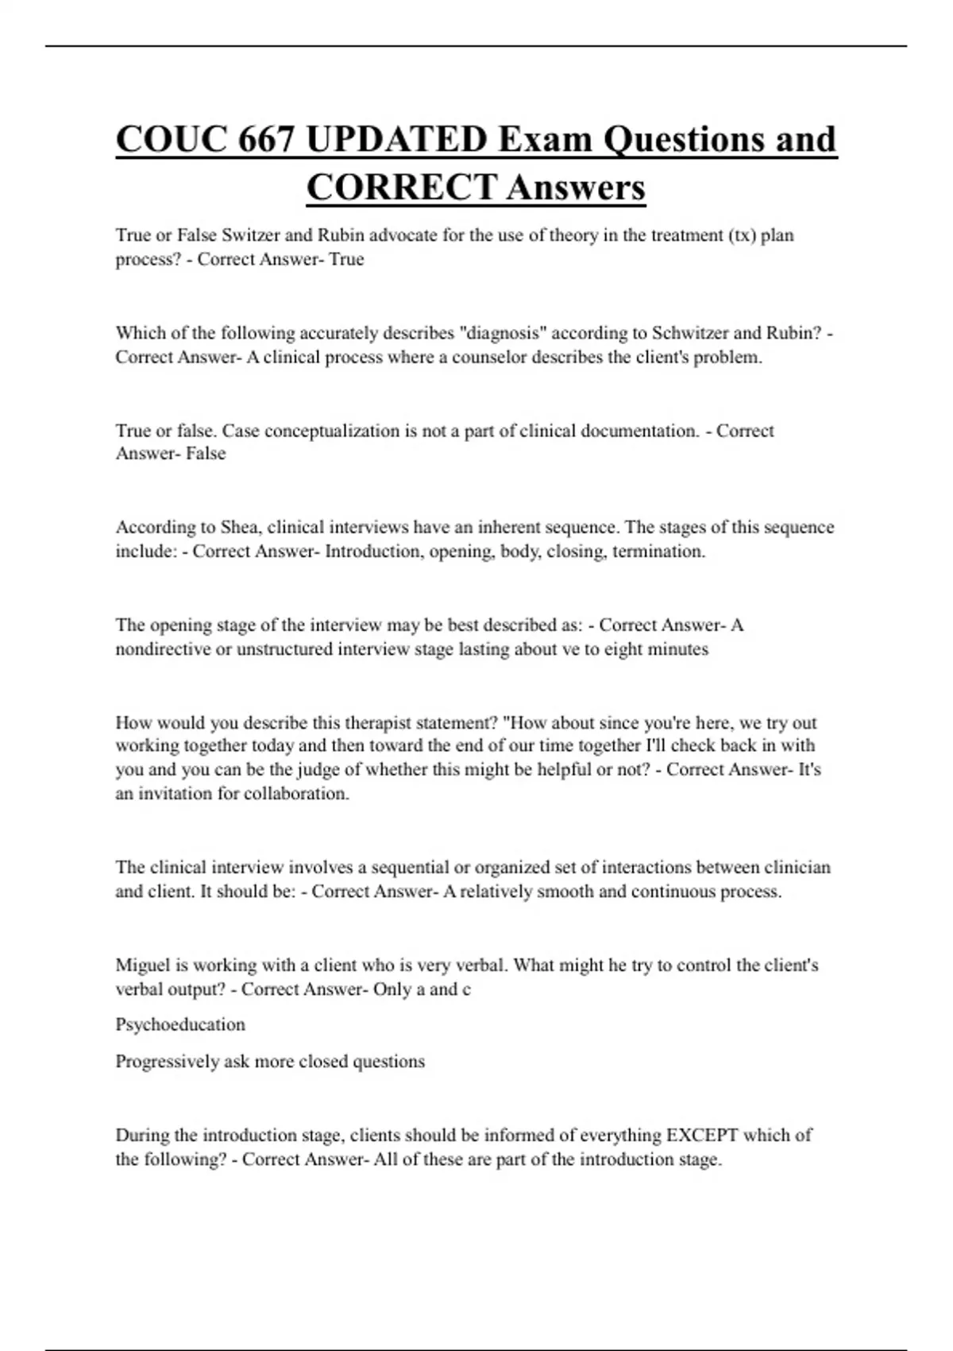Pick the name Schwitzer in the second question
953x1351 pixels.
689,333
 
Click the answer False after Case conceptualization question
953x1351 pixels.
206,454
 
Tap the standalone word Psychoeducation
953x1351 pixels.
180,1024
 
